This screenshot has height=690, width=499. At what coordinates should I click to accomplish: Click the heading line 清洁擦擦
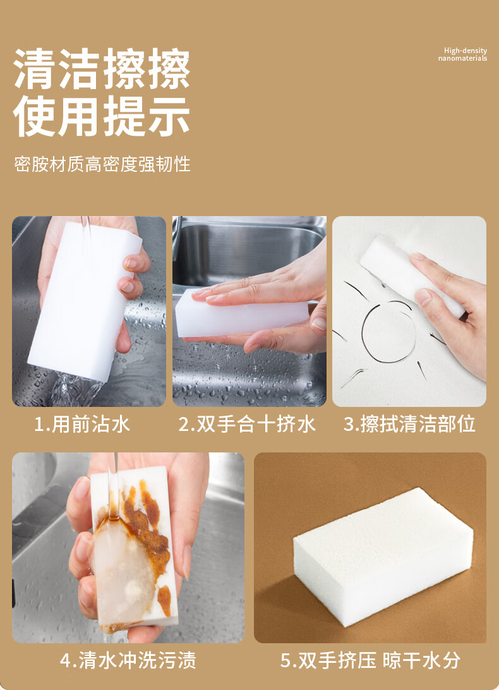(x=102, y=69)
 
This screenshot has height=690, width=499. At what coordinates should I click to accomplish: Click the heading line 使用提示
(x=102, y=116)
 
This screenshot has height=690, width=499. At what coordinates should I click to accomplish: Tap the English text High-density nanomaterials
(x=462, y=54)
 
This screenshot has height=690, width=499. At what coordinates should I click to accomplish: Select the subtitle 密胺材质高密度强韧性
(x=102, y=164)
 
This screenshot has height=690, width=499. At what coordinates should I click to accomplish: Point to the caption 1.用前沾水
(x=82, y=424)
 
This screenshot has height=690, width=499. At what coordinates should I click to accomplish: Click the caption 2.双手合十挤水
(x=247, y=424)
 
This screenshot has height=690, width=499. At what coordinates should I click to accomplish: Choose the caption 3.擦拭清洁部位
(x=410, y=424)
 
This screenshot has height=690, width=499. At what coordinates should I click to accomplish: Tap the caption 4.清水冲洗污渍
(x=128, y=660)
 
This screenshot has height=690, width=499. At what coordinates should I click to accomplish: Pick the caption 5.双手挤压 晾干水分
(x=371, y=660)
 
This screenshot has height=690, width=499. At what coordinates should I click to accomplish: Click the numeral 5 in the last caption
(x=286, y=661)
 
